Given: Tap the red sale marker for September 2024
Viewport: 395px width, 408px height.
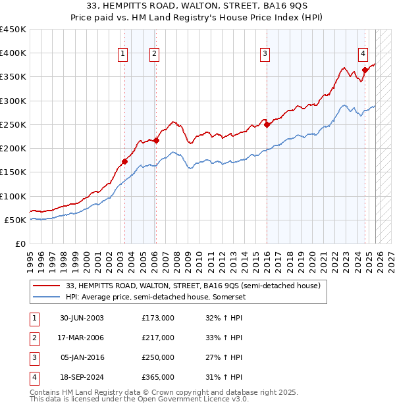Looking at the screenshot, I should click(x=365, y=70).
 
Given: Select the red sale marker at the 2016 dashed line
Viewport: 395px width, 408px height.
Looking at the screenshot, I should click(x=267, y=124).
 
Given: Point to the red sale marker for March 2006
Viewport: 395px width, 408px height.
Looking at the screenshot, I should click(x=157, y=140).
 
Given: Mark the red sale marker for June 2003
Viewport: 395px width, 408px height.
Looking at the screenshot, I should click(x=125, y=161).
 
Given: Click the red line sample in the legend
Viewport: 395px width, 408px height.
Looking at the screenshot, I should click(x=46, y=286).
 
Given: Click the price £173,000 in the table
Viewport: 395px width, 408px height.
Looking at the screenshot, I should click(x=158, y=318).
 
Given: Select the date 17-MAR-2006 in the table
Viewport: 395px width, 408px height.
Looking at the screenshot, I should click(x=82, y=338).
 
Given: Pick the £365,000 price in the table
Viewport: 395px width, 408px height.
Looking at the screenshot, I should click(x=158, y=377).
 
